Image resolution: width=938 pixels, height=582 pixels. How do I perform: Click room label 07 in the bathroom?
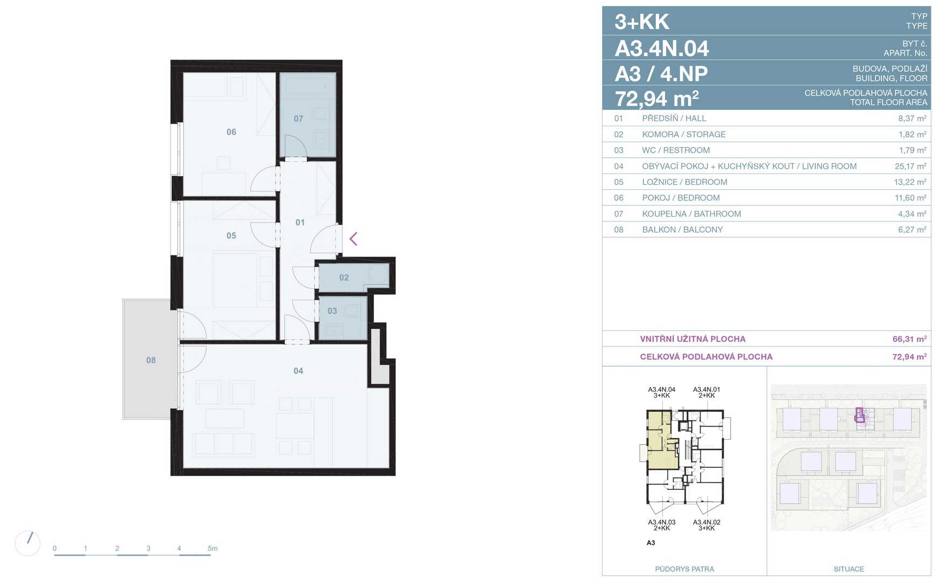tap(298, 119)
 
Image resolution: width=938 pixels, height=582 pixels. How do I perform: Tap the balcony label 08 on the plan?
tap(151, 360)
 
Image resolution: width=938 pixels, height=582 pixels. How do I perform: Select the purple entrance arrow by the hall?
tap(353, 239)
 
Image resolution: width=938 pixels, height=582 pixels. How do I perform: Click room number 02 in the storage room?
tap(344, 278)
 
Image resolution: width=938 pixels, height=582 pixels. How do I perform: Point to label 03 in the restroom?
tap(332, 311)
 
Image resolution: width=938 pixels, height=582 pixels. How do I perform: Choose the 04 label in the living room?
tap(298, 371)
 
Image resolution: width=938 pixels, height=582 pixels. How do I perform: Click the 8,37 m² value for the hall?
tap(911, 119)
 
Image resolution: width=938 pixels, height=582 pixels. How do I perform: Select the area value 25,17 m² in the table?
tap(911, 167)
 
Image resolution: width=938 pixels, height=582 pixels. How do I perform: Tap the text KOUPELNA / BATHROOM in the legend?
tap(691, 214)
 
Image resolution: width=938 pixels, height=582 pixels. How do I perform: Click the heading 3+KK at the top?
tap(642, 22)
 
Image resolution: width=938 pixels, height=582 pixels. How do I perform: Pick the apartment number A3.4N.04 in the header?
tap(662, 48)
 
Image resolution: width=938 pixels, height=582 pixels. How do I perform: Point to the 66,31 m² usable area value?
tap(909, 339)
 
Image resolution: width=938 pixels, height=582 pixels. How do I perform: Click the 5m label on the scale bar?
tap(213, 549)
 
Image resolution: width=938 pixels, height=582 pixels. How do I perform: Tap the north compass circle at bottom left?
tap(27, 543)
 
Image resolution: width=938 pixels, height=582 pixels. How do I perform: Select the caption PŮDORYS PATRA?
tap(684, 569)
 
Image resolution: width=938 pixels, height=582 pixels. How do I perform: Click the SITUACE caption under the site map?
tap(849, 569)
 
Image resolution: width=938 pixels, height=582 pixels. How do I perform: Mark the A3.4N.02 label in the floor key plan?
tap(706, 522)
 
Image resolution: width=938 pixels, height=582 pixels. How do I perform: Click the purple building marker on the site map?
tap(859, 415)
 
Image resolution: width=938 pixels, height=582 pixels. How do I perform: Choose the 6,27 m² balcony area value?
tap(911, 230)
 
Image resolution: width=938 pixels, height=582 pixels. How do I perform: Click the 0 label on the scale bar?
tap(54, 549)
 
